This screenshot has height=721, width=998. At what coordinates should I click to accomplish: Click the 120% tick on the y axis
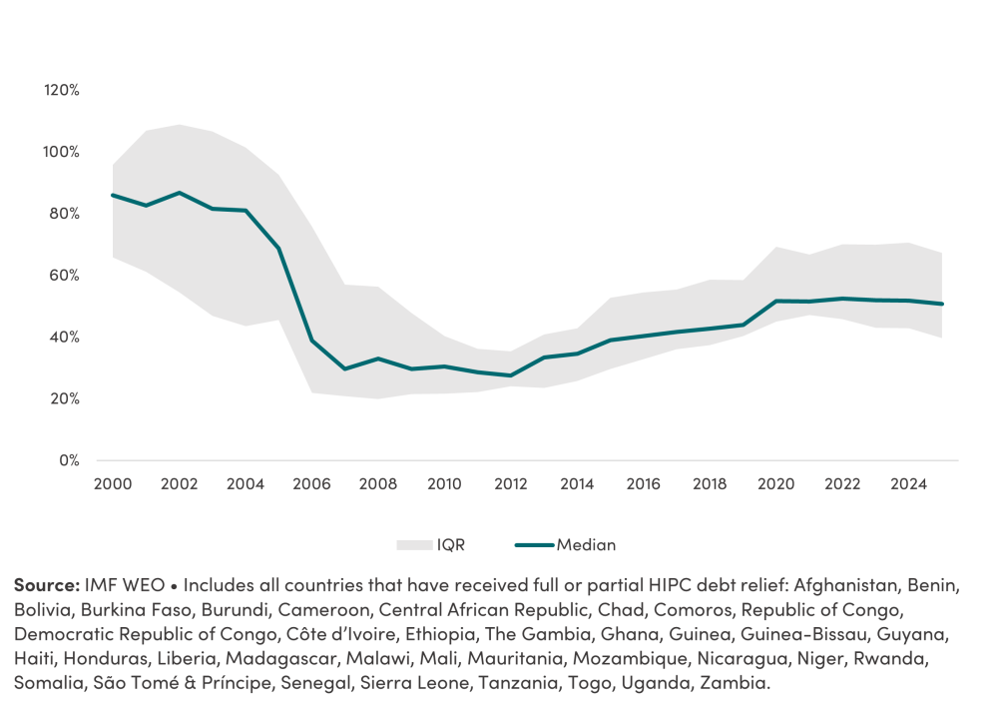click(x=62, y=90)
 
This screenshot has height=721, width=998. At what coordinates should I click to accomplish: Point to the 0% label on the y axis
click(x=68, y=460)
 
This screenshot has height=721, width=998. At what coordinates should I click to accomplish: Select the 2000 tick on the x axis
click(x=113, y=484)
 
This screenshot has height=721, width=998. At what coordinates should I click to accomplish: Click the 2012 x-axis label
click(x=511, y=484)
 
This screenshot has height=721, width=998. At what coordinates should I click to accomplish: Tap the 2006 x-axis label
click(x=311, y=484)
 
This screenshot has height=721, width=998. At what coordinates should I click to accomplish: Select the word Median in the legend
click(x=586, y=545)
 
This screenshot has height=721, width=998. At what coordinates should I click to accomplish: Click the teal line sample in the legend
click(x=534, y=545)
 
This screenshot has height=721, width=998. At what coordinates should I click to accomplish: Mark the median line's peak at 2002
click(x=180, y=192)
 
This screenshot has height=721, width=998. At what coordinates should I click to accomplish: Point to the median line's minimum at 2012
click(x=511, y=375)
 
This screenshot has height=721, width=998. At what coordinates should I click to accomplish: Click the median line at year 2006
click(x=311, y=341)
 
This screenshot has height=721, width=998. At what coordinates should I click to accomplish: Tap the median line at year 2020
click(x=776, y=301)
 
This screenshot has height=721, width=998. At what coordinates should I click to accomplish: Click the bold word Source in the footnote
click(x=46, y=584)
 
